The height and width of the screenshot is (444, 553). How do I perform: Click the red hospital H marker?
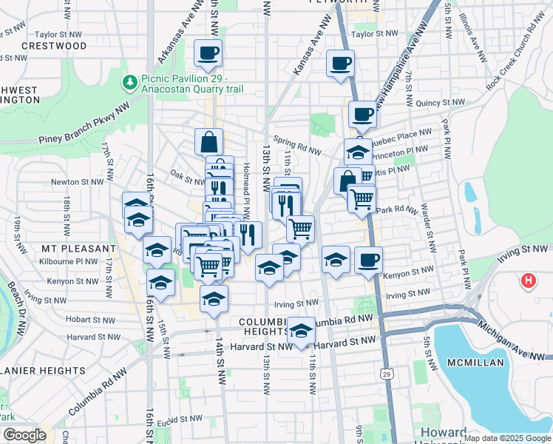(x=528, y=281)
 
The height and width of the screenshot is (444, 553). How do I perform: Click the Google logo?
(x=24, y=435)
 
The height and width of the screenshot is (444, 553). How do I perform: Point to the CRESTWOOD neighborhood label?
(x=54, y=45)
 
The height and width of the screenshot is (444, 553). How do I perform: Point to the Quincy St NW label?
(x=440, y=103)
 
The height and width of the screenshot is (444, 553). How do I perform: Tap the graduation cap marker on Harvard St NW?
(x=300, y=332)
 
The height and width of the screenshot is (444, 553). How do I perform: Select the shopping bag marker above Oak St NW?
(x=209, y=141)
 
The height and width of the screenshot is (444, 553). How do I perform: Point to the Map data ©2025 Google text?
(x=506, y=438)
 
